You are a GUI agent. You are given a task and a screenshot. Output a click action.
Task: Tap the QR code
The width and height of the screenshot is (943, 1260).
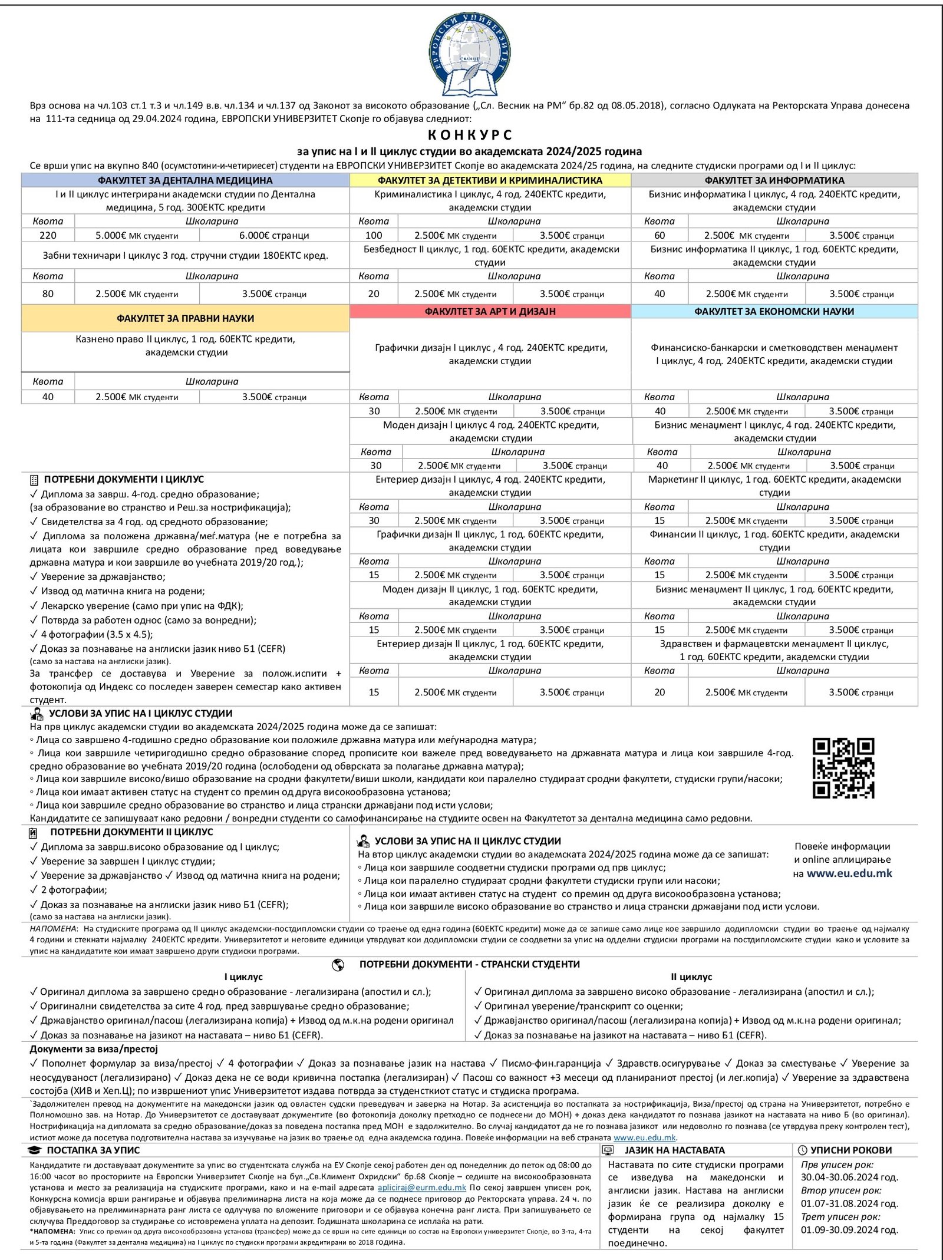coord(843,768)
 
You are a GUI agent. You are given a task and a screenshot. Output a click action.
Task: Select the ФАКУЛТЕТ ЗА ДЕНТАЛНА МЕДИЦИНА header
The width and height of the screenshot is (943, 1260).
coord(185,180)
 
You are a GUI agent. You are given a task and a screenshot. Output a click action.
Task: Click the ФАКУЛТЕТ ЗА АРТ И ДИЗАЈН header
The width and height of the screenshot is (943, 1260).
coord(490,311)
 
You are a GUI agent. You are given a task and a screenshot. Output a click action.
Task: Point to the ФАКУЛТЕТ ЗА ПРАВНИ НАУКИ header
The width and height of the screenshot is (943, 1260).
coord(185,318)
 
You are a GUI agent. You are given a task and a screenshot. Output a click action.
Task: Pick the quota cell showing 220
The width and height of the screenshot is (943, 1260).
coord(48,235)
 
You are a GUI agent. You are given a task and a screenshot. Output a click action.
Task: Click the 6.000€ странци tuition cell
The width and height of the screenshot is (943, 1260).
coord(274,235)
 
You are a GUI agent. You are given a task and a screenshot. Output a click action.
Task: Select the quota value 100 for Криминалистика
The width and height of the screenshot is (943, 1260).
coord(374,235)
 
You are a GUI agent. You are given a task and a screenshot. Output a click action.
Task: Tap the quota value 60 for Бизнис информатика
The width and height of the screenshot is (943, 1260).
coord(660,235)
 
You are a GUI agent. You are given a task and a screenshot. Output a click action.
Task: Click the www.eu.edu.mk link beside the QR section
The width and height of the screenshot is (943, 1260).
coord(849,873)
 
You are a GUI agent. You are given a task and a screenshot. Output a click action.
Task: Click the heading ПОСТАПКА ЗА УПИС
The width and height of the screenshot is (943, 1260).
coord(93,1150)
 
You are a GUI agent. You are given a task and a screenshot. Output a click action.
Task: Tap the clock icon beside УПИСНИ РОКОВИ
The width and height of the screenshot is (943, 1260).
coord(802,1150)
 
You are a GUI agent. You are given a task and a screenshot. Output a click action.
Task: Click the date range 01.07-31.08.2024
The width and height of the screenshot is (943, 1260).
coord(849,1203)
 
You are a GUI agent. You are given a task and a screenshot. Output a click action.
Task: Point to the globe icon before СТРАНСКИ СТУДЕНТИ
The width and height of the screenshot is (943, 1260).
coord(338,964)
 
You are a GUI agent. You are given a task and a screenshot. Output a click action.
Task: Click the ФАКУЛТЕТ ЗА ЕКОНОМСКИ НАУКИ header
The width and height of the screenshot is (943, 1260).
coord(774,311)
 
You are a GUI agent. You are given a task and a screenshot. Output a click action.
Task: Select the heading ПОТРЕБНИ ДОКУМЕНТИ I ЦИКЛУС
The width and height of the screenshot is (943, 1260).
coord(124,480)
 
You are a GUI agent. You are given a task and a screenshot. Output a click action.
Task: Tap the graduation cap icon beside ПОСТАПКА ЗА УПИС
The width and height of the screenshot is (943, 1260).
coord(35,1150)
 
